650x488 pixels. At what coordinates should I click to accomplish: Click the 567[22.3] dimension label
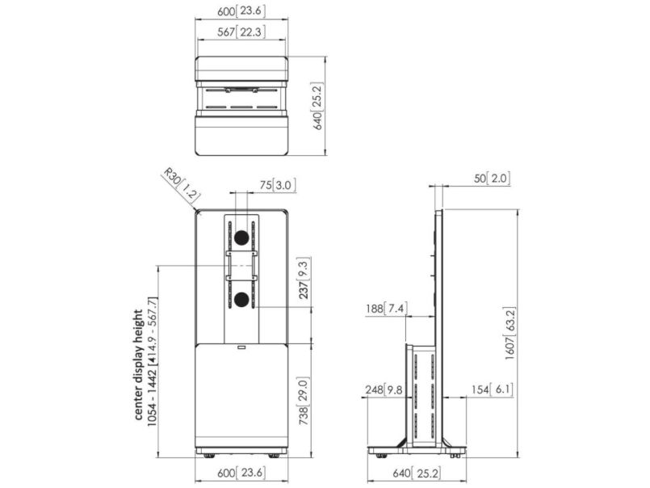coord(241,32)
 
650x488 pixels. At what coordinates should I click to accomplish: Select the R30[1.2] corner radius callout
coord(181,185)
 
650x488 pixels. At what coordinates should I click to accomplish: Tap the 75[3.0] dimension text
coord(278,185)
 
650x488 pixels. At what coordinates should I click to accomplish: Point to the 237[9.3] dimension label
coord(304,278)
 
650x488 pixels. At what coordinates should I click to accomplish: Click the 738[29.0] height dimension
coord(304,402)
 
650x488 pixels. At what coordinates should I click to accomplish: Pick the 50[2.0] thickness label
coord(492,179)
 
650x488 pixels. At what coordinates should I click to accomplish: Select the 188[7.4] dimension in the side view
coord(386,309)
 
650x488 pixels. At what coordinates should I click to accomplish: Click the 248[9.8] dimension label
coord(384,389)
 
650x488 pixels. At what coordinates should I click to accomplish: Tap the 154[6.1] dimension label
coord(492,389)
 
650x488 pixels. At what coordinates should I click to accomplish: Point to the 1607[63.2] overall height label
coord(510,334)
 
